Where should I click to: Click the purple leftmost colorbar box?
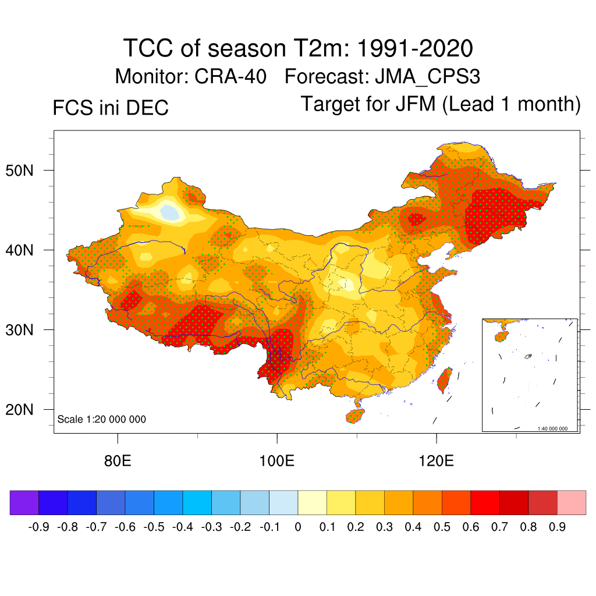click(24, 503)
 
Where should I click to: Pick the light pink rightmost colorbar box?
click(572, 503)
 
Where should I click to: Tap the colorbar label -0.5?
click(154, 527)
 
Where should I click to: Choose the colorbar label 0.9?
click(557, 527)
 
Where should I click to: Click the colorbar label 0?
click(297, 527)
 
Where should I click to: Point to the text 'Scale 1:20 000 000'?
click(102, 419)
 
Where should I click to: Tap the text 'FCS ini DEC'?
click(111, 108)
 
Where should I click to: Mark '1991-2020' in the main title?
click(414, 48)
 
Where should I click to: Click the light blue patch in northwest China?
click(171, 211)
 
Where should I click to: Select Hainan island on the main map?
click(355, 416)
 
